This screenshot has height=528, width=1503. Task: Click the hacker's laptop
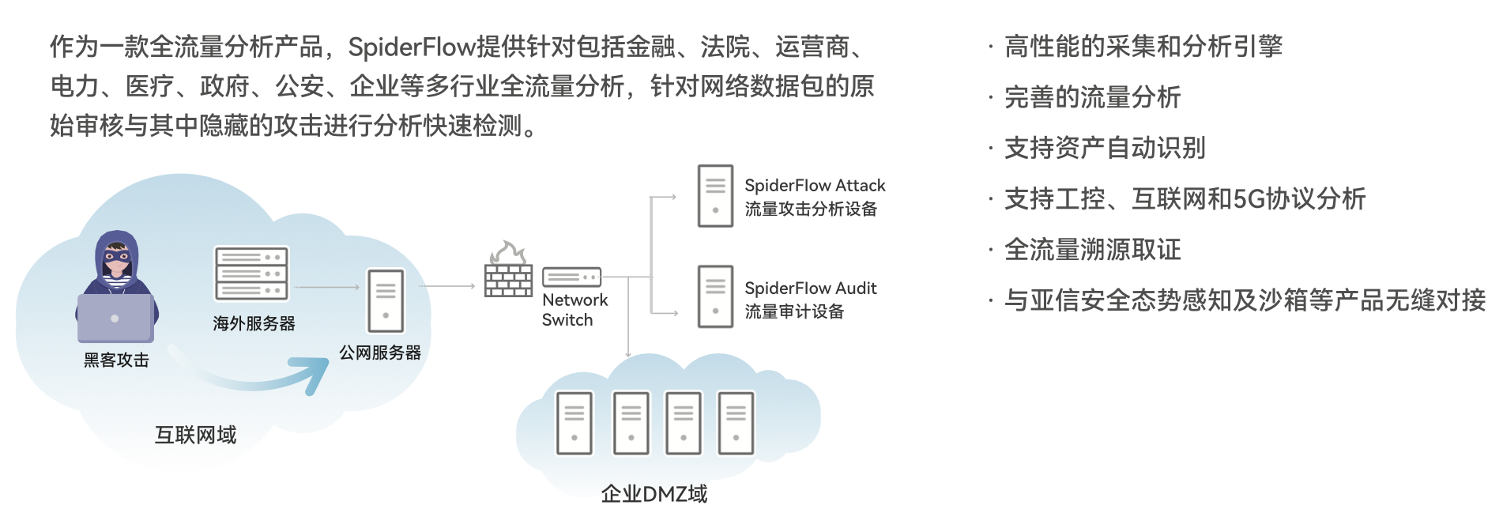click(115, 318)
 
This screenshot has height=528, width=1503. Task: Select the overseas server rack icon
click(251, 273)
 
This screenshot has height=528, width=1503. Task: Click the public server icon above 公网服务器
click(386, 300)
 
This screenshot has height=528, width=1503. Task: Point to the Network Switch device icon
click(571, 277)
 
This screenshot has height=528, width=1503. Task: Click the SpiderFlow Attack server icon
click(715, 196)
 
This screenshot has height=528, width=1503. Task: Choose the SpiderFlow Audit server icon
click(715, 296)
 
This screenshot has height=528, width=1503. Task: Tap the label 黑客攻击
click(116, 360)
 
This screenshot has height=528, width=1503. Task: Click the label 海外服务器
click(254, 323)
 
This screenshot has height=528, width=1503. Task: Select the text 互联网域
click(195, 435)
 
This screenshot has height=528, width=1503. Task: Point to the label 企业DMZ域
click(654, 494)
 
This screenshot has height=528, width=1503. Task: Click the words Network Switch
click(574, 310)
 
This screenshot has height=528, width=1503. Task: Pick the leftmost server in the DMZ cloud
click(574, 423)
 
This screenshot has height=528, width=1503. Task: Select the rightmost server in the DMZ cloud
click(736, 423)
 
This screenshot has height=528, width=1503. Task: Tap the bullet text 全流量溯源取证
click(1092, 250)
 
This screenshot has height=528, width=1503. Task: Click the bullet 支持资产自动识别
click(1105, 148)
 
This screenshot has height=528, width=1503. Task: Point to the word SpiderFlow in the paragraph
click(412, 47)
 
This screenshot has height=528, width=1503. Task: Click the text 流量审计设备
click(794, 311)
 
